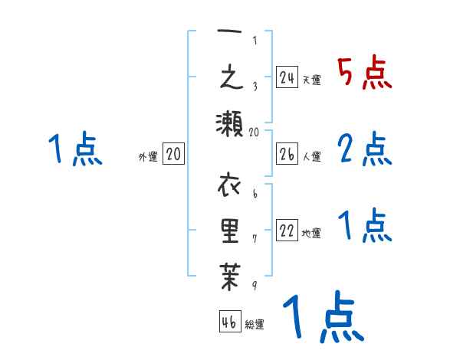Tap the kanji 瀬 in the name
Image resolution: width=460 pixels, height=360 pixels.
(229, 123)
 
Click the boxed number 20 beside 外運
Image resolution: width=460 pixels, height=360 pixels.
(173, 155)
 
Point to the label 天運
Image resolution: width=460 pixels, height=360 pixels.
(311, 80)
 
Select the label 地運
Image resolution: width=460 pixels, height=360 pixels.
(311, 234)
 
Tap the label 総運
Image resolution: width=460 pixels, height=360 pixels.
(255, 324)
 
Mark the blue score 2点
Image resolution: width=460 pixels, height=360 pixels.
(364, 149)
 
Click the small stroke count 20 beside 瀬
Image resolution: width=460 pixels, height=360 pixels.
(255, 132)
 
